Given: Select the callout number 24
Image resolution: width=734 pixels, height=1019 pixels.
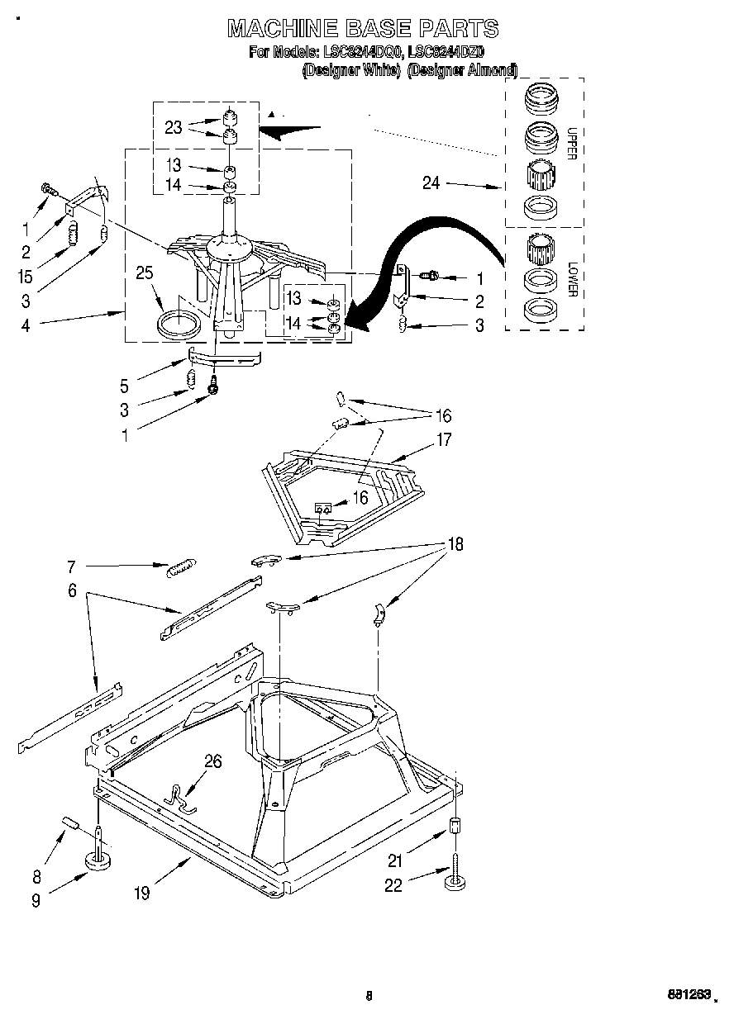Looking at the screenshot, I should (x=431, y=183).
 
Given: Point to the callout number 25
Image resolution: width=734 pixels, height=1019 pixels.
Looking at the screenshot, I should (x=145, y=273).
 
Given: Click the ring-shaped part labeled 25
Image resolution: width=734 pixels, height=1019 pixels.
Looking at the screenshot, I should (x=177, y=323).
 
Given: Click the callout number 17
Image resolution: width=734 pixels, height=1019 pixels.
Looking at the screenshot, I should (x=444, y=439).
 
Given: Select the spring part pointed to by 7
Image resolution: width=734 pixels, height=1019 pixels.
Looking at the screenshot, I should (x=181, y=568).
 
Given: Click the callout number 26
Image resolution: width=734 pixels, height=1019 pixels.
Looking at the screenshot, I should (x=213, y=761).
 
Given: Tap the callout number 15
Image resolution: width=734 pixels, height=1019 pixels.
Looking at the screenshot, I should (x=25, y=277).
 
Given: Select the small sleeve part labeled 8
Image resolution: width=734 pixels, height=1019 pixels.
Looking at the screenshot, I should (x=69, y=822).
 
